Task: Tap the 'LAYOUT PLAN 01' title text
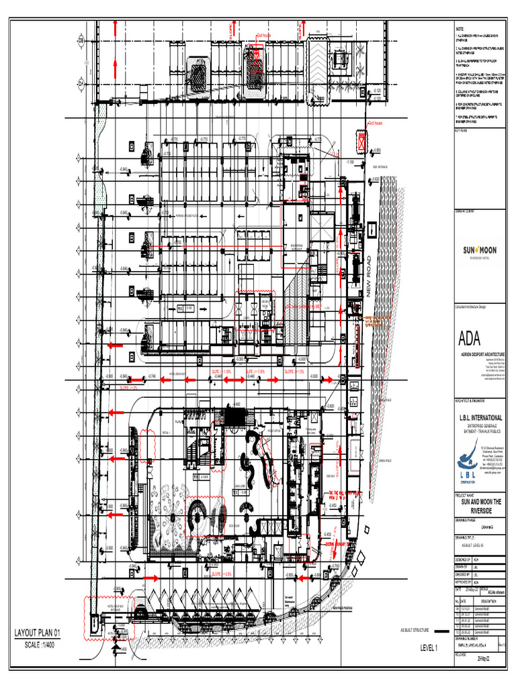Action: tap(38, 632)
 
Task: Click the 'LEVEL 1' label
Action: tap(429, 648)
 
